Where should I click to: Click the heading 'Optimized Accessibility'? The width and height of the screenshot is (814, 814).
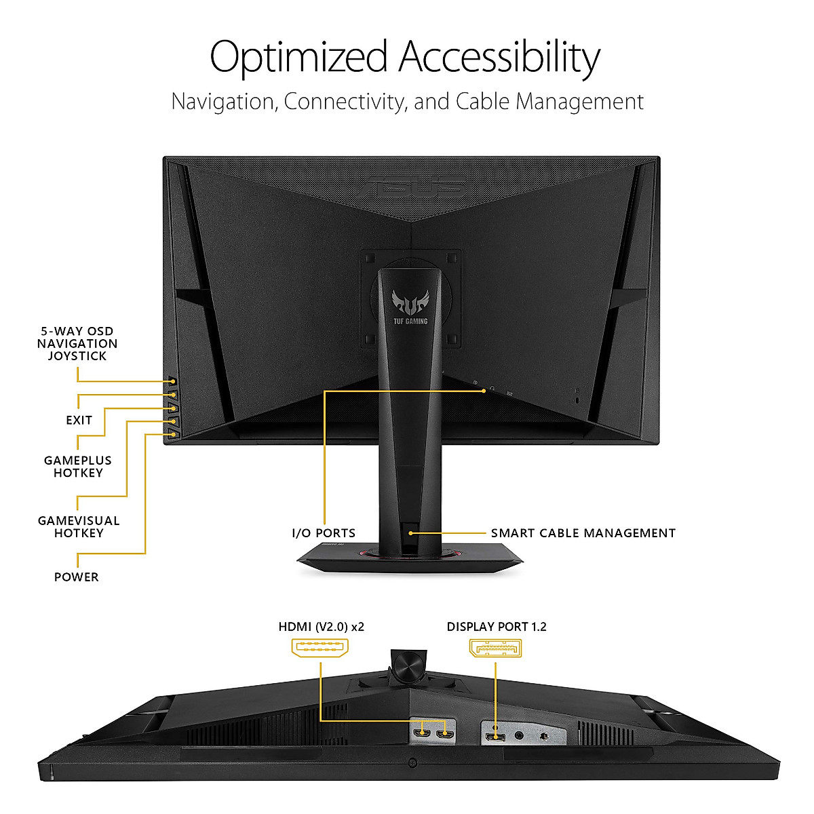tap(405, 57)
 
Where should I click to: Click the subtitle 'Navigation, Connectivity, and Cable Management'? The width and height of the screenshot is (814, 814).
tap(407, 102)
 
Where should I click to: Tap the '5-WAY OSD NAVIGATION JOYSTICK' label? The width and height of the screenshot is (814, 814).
tap(77, 344)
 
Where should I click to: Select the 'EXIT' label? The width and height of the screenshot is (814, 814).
tap(79, 421)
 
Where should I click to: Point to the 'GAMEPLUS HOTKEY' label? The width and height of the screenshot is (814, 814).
tap(78, 467)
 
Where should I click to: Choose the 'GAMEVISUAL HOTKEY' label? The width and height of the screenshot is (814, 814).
tap(79, 527)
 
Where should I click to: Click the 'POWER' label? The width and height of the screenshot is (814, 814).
tap(77, 577)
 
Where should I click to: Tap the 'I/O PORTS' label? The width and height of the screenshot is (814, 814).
tap(324, 533)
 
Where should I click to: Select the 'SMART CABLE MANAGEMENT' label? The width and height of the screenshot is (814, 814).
tap(583, 533)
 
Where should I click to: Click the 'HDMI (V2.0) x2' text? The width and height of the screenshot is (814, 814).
tap(322, 627)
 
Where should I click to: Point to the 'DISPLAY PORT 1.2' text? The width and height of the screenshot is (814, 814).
tap(497, 627)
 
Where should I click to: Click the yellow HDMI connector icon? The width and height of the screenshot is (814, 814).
tap(320, 648)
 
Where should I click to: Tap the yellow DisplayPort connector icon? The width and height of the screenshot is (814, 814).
tap(496, 648)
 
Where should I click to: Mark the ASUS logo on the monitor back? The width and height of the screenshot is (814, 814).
tap(412, 187)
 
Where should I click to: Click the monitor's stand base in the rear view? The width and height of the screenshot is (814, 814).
tap(410, 560)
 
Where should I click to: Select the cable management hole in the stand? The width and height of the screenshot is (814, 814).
tap(410, 532)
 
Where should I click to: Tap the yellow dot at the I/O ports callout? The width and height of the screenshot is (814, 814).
tap(484, 391)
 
